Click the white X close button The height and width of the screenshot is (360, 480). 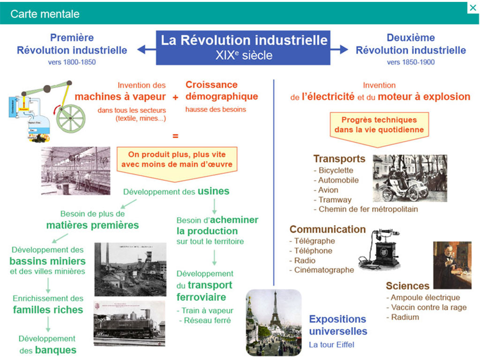tap(472, 8)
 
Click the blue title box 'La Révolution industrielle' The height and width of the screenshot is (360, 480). tap(243, 47)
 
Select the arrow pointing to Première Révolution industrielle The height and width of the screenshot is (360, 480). tap(146, 49)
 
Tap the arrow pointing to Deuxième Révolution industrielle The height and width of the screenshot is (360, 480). tap(340, 49)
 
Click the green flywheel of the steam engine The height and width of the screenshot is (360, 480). tap(71, 117)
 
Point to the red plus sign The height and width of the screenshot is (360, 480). tap(175, 97)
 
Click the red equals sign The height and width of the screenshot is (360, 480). tap(175, 136)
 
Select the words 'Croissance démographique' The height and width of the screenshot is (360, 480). tap(222, 90)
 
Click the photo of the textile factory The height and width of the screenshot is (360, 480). tap(75, 171)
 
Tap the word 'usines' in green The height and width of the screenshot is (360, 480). tap(213, 191)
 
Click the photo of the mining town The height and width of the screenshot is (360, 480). tap(130, 269)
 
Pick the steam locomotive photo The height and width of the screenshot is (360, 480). tap(129, 323)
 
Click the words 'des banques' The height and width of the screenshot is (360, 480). tap(48, 350)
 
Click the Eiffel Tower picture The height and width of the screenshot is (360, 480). tap(273, 322)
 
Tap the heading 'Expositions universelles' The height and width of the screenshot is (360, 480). tap(337, 325)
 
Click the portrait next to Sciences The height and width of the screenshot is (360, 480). tap(452, 265)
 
